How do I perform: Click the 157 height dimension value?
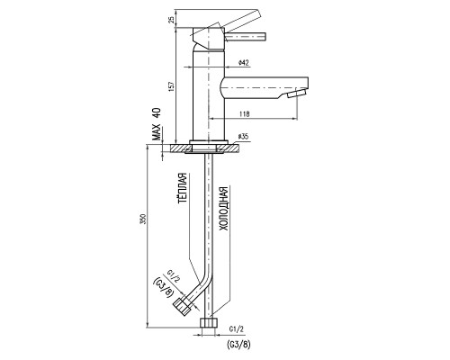172,86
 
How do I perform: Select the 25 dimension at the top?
171,20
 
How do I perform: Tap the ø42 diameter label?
243,63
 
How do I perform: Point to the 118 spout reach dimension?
245,113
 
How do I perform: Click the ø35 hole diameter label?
243,137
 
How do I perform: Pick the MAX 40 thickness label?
157,124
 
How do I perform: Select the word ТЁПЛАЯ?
183,188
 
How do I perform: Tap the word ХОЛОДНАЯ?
224,209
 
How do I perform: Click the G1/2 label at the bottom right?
237,329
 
